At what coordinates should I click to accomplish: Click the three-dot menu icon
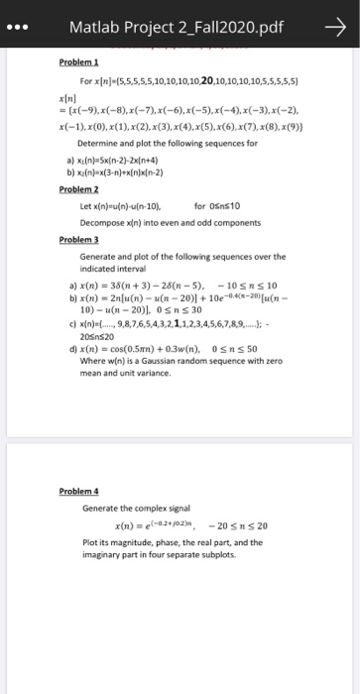tap(21, 29)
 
